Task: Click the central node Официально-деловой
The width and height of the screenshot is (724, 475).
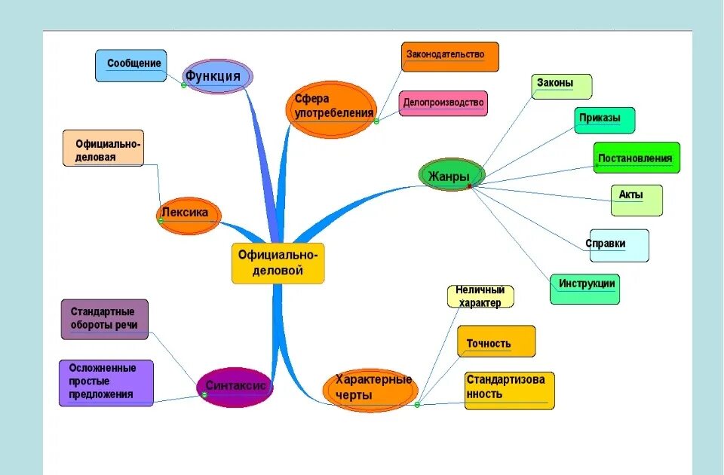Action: pyautogui.click(x=278, y=263)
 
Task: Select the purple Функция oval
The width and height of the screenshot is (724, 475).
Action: pyautogui.click(x=217, y=76)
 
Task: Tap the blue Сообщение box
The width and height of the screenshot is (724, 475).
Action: pyautogui.click(x=130, y=66)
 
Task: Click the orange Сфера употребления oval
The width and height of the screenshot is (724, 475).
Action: pyautogui.click(x=332, y=109)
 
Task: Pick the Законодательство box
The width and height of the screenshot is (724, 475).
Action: pyautogui.click(x=449, y=57)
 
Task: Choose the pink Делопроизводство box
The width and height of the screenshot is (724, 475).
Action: pyautogui.click(x=443, y=103)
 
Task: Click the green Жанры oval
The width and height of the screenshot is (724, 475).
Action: pyautogui.click(x=451, y=176)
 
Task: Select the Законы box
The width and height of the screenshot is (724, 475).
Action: pyautogui.click(x=561, y=86)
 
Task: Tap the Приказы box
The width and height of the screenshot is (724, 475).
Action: pyautogui.click(x=604, y=120)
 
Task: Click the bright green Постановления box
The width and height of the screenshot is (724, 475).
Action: pyautogui.click(x=636, y=158)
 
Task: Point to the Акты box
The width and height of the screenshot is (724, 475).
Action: pyautogui.click(x=637, y=200)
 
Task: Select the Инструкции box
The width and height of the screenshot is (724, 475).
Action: pyautogui.click(x=584, y=289)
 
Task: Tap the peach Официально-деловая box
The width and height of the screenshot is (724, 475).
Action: pyautogui.click(x=103, y=149)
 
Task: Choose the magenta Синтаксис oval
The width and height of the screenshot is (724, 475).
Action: pyautogui.click(x=234, y=387)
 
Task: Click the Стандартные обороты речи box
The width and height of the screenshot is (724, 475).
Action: pyautogui.click(x=104, y=319)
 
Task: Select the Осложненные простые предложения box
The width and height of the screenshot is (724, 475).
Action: pyautogui.click(x=106, y=382)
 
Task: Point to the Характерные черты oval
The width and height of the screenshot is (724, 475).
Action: pyautogui.click(x=370, y=387)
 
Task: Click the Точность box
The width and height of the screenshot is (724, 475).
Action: pyautogui.click(x=495, y=342)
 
